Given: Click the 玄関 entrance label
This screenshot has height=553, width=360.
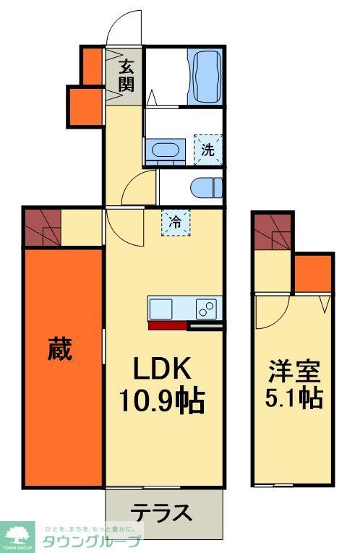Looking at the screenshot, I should (127, 75).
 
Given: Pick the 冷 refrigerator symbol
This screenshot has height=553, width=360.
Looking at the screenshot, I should (176, 221).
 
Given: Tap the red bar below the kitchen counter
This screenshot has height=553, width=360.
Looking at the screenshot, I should (168, 325).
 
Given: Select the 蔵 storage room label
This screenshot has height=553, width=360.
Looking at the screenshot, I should (61, 352).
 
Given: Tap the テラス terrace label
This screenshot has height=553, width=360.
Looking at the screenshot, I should (161, 513).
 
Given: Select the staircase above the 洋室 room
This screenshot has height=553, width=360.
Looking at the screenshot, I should (273, 233).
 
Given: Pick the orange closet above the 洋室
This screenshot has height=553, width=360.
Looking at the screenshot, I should (312, 273).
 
